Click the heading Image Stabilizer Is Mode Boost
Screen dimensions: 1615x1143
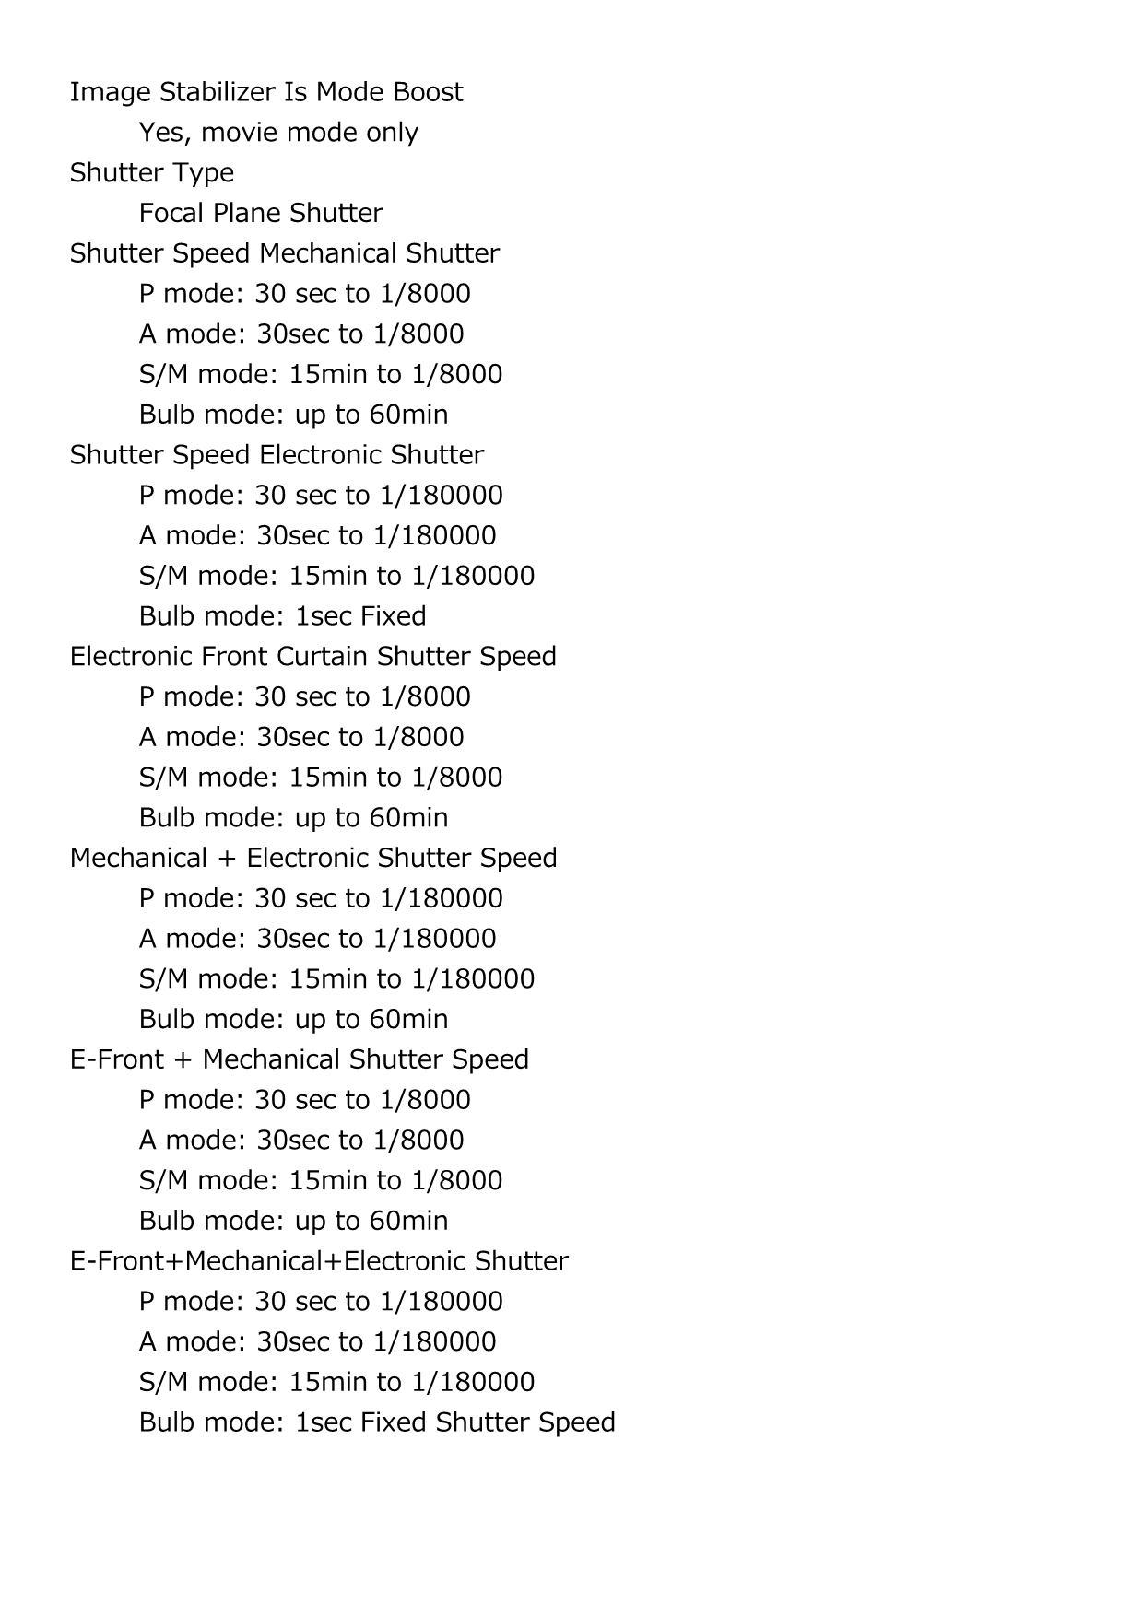click(266, 92)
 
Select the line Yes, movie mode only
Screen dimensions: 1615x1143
click(278, 133)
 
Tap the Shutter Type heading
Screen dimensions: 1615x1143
click(152, 173)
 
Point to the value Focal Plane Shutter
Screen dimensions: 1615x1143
click(261, 214)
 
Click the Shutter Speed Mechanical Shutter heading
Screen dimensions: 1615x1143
click(285, 253)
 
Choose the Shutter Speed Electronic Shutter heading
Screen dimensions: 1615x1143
click(277, 455)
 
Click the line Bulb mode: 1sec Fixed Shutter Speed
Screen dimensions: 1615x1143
click(377, 1422)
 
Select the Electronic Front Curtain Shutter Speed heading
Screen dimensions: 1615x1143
click(313, 657)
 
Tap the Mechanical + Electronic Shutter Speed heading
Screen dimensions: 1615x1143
click(313, 859)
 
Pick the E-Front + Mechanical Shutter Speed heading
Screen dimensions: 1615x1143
click(300, 1060)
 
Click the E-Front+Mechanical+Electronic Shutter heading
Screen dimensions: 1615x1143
click(319, 1261)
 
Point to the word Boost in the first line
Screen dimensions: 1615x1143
click(428, 92)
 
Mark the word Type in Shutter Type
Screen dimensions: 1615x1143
click(207, 173)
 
